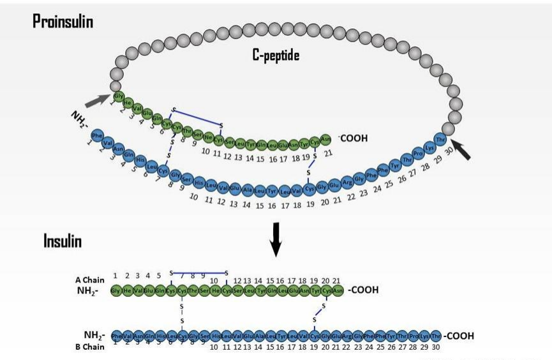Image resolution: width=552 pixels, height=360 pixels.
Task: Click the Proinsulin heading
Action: [x=63, y=22]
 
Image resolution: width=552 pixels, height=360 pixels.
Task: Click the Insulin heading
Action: [x=63, y=241]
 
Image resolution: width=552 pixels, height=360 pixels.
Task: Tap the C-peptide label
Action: [x=276, y=56]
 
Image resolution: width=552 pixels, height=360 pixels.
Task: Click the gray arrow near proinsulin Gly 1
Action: [x=97, y=99]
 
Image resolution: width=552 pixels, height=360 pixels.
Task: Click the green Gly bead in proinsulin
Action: [x=118, y=96]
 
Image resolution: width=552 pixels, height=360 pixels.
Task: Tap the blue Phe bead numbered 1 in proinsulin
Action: [x=97, y=135]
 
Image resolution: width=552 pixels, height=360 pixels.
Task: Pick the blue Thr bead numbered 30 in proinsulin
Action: [x=440, y=139]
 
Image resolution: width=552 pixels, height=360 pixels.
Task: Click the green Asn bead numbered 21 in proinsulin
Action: [x=325, y=139]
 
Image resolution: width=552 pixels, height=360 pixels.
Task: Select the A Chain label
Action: [x=89, y=280]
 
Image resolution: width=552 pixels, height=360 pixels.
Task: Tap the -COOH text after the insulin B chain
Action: [x=459, y=336]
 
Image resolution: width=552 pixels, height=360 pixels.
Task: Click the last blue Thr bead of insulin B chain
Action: [x=436, y=336]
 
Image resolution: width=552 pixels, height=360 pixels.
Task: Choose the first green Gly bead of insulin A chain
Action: [x=116, y=290]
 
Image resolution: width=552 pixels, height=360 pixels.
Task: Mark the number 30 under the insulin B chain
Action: [x=436, y=347]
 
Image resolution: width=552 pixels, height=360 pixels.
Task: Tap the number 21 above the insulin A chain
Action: [x=336, y=280]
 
